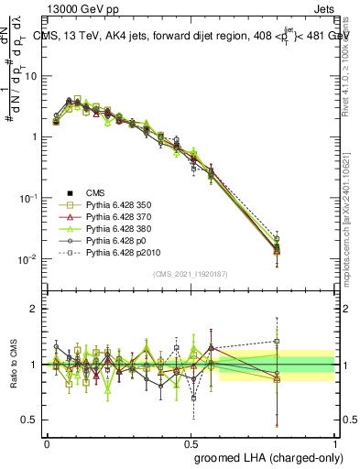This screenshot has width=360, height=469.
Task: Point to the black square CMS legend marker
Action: pyautogui.click(x=67, y=192)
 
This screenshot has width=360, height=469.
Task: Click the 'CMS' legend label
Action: pyautogui.click(x=95, y=192)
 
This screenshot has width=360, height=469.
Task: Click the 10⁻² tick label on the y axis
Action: pyautogui.click(x=30, y=259)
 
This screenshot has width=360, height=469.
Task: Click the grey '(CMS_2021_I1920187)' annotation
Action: pyautogui.click(x=191, y=274)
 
